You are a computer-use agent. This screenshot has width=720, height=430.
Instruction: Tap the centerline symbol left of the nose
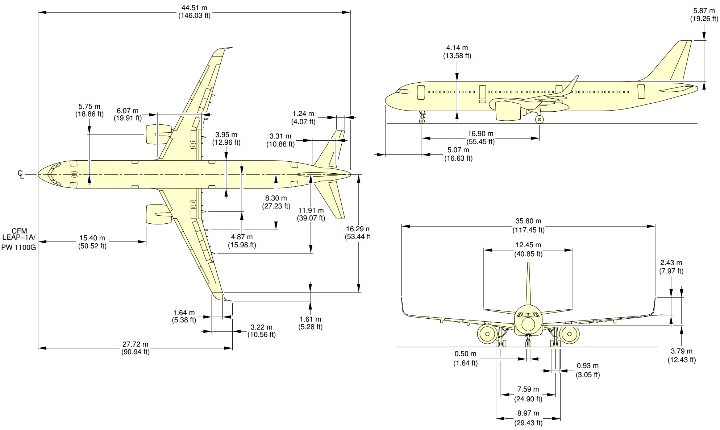tap(21, 174)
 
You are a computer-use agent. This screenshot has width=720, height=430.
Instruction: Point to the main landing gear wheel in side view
tap(540, 119)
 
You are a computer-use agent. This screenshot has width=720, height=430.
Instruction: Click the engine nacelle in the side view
tap(507, 110)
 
